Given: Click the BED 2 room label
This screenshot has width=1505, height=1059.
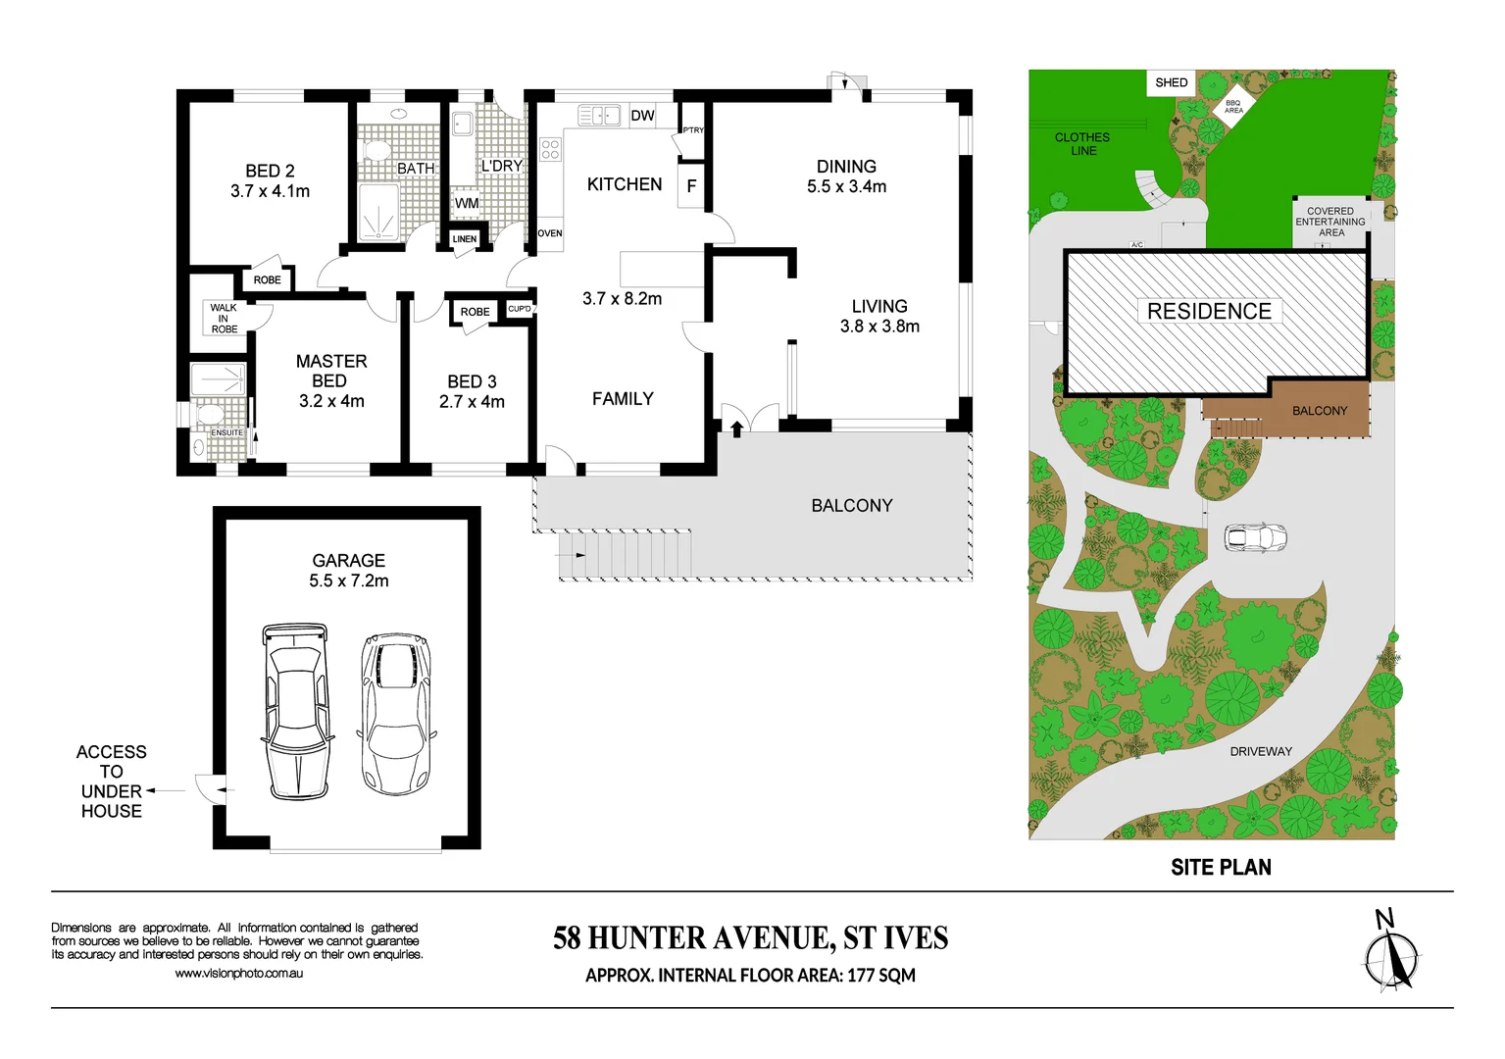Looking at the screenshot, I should (x=270, y=172).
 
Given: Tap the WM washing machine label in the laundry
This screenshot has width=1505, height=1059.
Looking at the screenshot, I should (x=467, y=203).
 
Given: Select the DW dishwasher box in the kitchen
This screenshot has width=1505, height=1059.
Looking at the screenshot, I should (x=642, y=116).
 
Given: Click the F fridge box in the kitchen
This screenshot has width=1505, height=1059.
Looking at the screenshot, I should (x=691, y=185).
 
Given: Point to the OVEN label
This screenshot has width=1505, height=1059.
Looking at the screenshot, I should (x=550, y=233).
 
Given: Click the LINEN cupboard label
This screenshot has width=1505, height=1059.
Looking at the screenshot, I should (x=465, y=239).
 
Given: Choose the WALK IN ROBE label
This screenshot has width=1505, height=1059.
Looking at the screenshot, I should (x=224, y=319).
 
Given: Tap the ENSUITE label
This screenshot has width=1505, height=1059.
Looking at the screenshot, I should (x=226, y=432).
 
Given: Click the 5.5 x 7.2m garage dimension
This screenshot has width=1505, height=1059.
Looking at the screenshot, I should (x=349, y=581).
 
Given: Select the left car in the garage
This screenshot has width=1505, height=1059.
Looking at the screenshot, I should (x=297, y=710).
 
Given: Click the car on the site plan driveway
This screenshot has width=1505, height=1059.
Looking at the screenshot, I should (x=1255, y=537).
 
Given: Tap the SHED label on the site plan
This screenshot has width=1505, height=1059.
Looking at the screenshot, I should (x=1171, y=83).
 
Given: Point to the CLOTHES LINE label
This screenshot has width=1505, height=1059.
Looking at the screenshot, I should (x=1082, y=144).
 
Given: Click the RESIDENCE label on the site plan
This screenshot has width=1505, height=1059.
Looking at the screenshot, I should (x=1209, y=312).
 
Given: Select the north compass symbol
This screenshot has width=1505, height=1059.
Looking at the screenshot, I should (x=1390, y=953).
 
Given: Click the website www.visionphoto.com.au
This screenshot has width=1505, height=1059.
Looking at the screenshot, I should (x=239, y=974).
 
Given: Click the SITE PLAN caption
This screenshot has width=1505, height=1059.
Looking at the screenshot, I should (x=1221, y=868).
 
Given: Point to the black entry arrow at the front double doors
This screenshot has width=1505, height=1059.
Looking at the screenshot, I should (x=736, y=429).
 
